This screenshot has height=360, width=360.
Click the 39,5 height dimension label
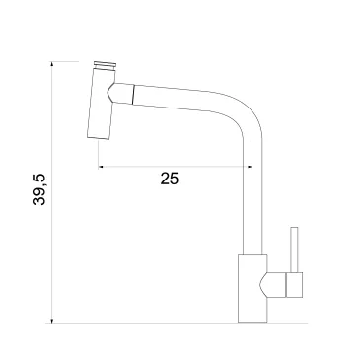click(x=39, y=189)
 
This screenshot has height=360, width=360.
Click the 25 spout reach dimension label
click(x=170, y=179)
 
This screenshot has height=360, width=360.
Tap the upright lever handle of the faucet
click(x=294, y=250)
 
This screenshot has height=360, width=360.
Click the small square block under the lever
click(x=294, y=285)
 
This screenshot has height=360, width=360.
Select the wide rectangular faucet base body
click(x=252, y=288)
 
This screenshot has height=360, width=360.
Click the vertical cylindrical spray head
click(x=101, y=103)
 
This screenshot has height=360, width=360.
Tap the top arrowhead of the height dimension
click(x=52, y=64)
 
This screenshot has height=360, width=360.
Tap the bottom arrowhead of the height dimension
click(x=52, y=320)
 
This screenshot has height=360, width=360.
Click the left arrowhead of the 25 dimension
click(x=101, y=167)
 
